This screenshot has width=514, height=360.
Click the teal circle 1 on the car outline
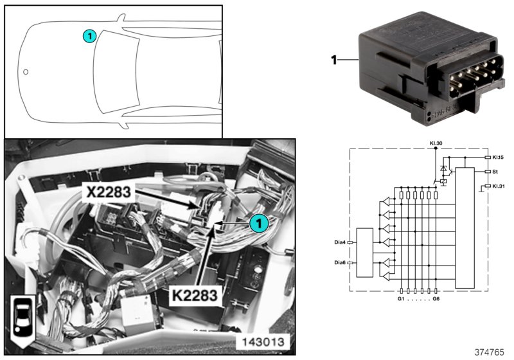(90, 36)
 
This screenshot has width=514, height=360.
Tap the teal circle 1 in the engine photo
(258, 222)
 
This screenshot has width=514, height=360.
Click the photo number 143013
(264, 340)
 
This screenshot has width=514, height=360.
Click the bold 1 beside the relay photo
(334, 60)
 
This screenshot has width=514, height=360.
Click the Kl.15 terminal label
(500, 156)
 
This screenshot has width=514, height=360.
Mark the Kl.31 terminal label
(500, 186)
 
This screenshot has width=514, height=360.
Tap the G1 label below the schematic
(401, 299)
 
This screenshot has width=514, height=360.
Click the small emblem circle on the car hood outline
(26, 72)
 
